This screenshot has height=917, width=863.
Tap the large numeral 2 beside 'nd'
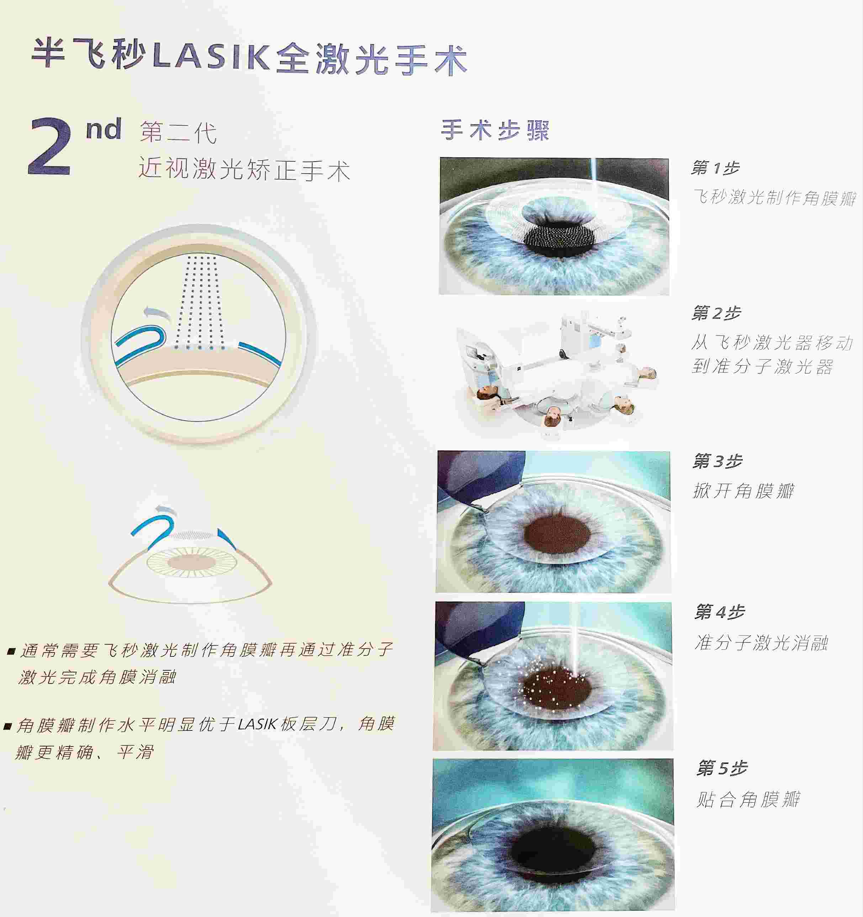point(50,146)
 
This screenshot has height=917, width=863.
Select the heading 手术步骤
point(495,130)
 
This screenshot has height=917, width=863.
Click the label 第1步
point(715,168)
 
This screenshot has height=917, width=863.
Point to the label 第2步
point(716,313)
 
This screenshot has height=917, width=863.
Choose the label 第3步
point(717,461)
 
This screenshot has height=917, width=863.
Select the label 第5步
point(721,768)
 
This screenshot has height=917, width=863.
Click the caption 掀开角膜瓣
point(743,490)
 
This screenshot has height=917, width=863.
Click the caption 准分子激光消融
point(762,642)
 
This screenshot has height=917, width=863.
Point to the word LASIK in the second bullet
point(257,724)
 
